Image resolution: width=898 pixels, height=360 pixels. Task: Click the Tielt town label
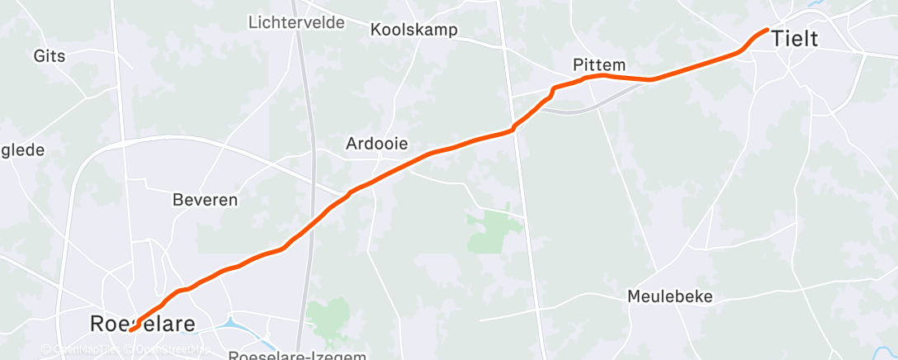tap(795, 38)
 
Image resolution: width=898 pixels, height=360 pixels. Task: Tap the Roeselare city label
tap(143, 324)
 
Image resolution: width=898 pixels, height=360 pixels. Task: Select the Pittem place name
tap(599, 64)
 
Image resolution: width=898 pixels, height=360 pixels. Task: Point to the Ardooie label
tap(376, 143)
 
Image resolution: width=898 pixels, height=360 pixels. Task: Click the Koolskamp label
tap(414, 31)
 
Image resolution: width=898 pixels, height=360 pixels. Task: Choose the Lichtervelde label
tap(296, 22)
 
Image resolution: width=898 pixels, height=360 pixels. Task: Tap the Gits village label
tap(50, 56)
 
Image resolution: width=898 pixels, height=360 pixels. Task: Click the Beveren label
tap(205, 199)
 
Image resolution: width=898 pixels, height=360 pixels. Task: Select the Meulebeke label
tap(669, 296)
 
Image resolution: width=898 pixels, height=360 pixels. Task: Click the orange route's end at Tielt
tap(768, 30)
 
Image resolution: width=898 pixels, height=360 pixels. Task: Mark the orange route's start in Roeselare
tap(132, 330)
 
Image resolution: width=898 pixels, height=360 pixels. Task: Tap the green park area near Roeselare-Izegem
tap(329, 317)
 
